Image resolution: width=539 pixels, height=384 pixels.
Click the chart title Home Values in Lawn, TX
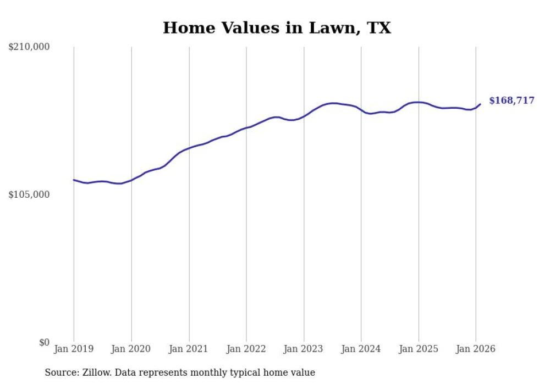[277, 28]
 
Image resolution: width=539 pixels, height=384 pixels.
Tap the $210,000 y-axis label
[29, 47]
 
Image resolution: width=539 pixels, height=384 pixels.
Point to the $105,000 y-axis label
[29, 195]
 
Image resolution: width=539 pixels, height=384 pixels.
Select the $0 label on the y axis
[45, 343]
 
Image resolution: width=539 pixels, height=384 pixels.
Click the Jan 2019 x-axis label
[74, 349]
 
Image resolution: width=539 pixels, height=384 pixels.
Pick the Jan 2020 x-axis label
[131, 349]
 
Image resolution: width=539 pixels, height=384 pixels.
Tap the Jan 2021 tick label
[189, 349]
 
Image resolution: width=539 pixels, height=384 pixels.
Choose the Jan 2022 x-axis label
[246, 349]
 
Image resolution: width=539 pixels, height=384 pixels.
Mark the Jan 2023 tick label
[304, 349]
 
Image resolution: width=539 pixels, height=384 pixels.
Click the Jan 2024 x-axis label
[361, 349]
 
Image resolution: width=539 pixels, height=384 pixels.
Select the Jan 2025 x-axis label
[419, 349]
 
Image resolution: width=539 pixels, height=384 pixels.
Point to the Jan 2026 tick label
[476, 349]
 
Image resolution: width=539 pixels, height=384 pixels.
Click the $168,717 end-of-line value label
[512, 101]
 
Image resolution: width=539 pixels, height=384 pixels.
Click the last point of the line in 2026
[480, 104]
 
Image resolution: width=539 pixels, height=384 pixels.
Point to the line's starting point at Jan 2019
[74, 180]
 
